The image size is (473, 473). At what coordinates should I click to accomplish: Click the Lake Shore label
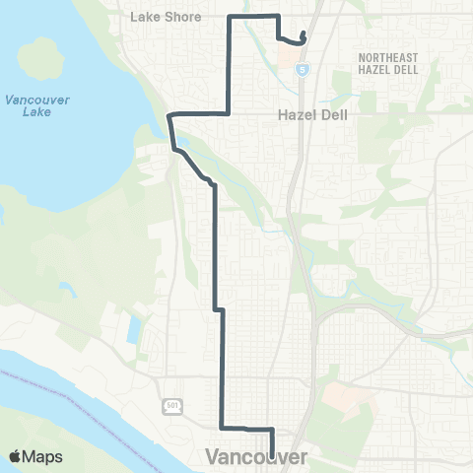166,17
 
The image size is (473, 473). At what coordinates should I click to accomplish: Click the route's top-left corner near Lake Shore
230,18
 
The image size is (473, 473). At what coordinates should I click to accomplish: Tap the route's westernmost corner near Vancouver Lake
169,116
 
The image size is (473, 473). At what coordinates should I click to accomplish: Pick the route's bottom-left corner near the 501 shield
220,427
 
